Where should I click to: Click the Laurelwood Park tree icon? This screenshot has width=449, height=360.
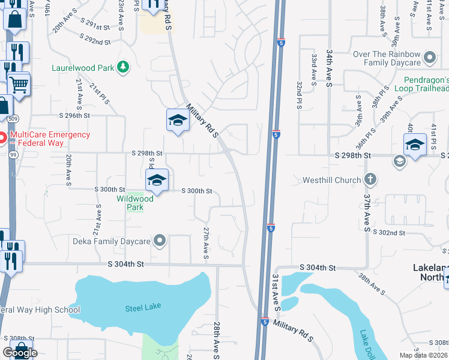click(123, 67)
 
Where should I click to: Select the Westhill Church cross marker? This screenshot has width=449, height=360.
click(370, 179)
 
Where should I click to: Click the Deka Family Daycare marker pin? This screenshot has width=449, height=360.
click(160, 241)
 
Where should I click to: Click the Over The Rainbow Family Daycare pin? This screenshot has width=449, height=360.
click(429, 58)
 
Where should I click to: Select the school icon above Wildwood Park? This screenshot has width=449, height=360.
click(156, 179)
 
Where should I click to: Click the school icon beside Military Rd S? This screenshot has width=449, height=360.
click(178, 121)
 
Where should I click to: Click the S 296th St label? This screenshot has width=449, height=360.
click(74, 115)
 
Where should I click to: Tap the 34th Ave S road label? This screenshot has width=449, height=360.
click(329, 70)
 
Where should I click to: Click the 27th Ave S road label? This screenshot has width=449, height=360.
click(206, 243)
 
